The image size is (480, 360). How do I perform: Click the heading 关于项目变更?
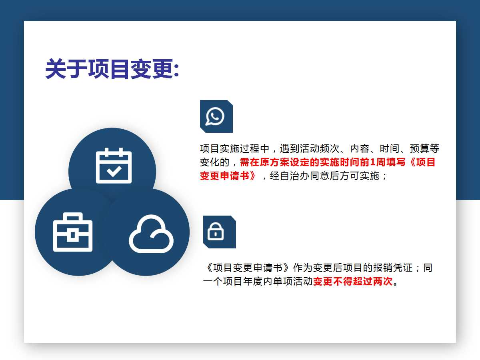point(109,69)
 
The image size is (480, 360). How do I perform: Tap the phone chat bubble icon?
point(215,116)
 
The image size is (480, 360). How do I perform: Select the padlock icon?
point(216,232)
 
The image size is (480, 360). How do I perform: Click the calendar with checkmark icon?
point(114,166)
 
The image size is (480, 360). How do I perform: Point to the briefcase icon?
point(73,232)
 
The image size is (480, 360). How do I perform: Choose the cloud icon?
point(151,234)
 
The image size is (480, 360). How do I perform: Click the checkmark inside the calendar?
point(114,171)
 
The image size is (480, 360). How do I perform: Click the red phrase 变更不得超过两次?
point(353,281)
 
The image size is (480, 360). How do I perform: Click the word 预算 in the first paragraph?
point(420,149)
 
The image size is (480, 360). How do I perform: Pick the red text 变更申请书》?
point(228,176)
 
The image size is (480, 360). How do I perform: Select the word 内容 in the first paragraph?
point(360,149)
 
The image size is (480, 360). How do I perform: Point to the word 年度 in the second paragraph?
point(253,281)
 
